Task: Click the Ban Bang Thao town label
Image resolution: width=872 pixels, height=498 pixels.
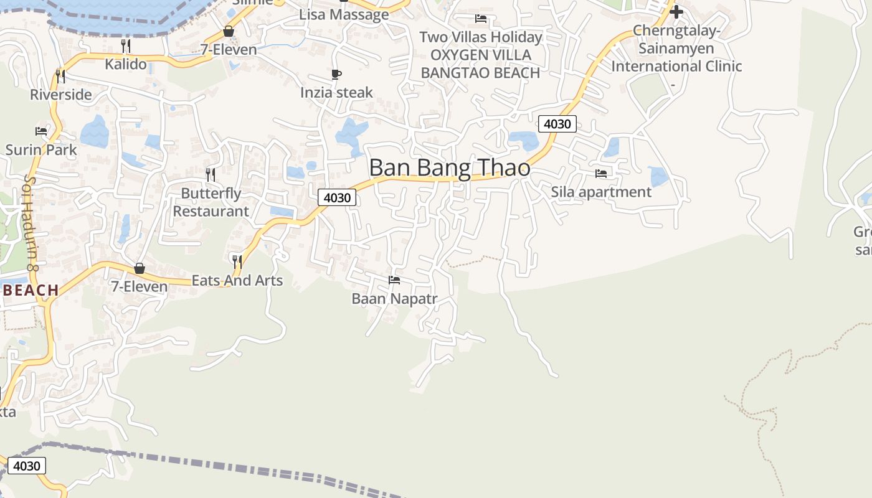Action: [x=450, y=168]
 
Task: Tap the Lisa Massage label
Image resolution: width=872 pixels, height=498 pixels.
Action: [x=344, y=15]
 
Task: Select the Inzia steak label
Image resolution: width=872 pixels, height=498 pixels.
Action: [x=336, y=93]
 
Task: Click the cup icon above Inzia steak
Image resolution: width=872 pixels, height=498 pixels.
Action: [x=336, y=75]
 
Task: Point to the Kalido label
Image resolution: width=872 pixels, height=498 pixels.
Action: [x=126, y=64]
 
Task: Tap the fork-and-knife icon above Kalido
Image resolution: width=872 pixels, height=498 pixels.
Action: [x=126, y=45]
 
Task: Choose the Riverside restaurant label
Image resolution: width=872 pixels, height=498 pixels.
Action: [x=61, y=95]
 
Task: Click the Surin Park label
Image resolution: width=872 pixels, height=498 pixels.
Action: [x=41, y=150]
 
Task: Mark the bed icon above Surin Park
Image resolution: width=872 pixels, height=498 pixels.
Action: [x=41, y=131]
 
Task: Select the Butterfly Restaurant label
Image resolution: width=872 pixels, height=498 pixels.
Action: [x=211, y=202]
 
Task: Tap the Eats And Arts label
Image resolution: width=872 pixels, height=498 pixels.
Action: [x=237, y=281]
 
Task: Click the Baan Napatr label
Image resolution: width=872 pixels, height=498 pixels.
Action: [x=394, y=299]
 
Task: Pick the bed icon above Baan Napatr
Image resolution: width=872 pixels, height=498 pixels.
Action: [x=394, y=280]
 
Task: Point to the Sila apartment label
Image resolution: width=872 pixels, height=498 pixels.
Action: [x=601, y=192]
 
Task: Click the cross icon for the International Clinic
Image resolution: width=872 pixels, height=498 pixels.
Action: [x=676, y=12]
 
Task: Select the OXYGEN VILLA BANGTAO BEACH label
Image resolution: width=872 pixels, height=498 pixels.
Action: [x=480, y=64]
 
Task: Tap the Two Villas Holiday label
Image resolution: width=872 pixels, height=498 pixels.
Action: [x=480, y=37]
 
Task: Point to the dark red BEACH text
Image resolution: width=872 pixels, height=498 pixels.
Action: [x=31, y=291]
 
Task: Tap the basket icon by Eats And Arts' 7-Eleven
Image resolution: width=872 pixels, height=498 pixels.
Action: [x=140, y=268]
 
